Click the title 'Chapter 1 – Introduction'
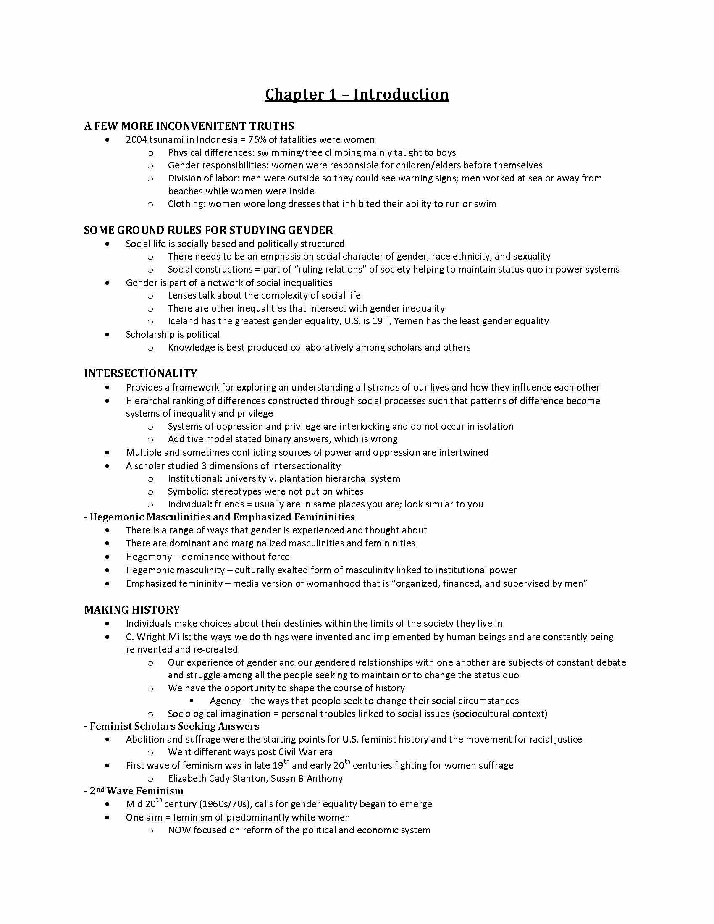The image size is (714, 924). pos(357,94)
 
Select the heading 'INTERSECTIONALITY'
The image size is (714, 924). pos(140,373)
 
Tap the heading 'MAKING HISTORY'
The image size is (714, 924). pos(132,610)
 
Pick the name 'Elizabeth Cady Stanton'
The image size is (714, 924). pos(218,778)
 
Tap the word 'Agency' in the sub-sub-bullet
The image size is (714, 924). pos(225,701)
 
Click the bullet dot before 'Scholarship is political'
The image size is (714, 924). pos(108,335)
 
